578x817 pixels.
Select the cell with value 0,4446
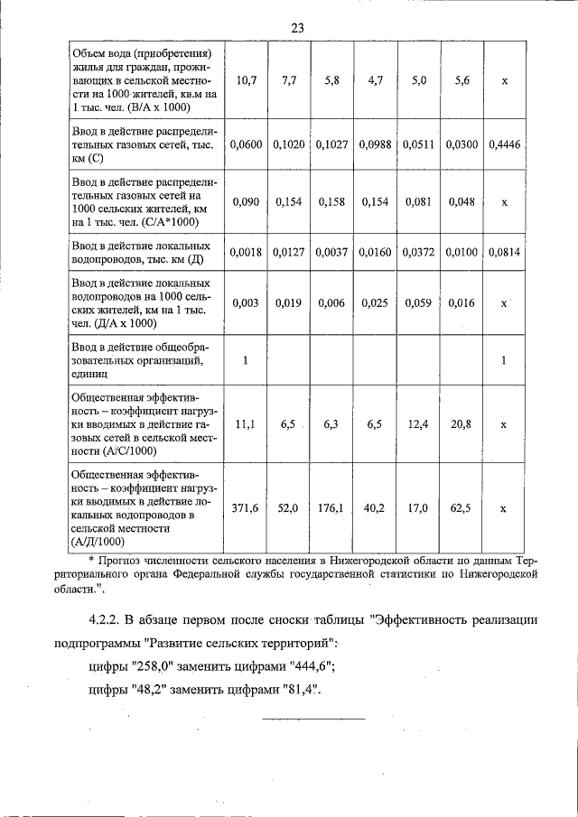(504, 144)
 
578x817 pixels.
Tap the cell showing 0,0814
(504, 252)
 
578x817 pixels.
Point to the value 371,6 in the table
(245, 508)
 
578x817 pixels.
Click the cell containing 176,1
(331, 508)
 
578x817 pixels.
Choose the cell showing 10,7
(245, 80)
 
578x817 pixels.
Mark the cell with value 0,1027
(331, 144)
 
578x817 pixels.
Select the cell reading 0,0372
(417, 252)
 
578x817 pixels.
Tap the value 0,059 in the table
(417, 303)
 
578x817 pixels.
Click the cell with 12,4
(417, 423)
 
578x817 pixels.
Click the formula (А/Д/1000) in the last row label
(98, 542)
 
